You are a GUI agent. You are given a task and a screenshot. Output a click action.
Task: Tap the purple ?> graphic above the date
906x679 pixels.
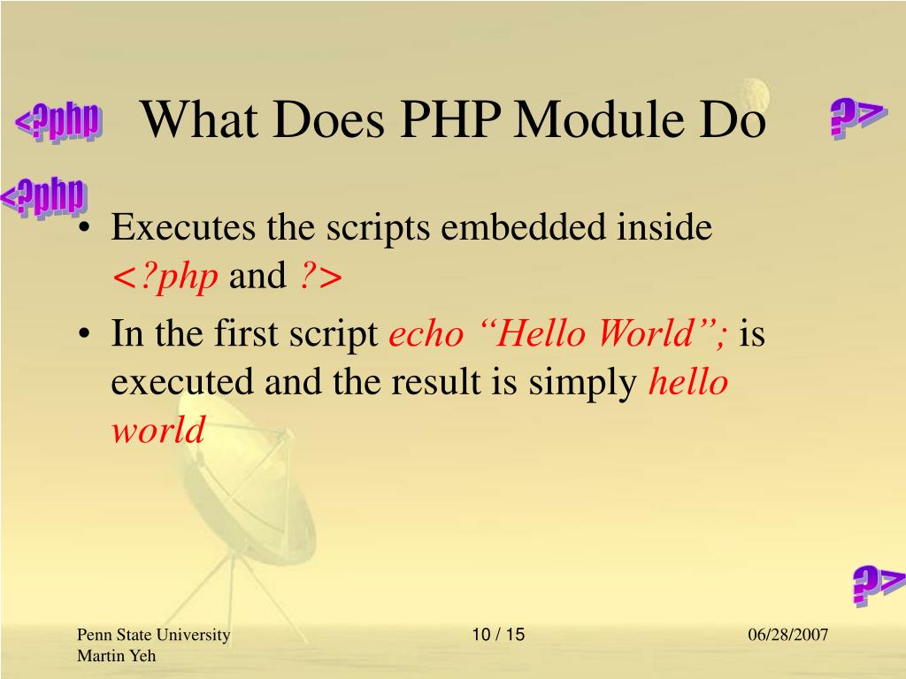(879, 584)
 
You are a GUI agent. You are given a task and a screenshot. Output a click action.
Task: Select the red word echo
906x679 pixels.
(426, 335)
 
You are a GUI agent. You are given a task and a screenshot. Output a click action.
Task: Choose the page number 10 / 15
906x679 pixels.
(498, 635)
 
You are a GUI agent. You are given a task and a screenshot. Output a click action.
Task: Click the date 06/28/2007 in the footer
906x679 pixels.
(787, 636)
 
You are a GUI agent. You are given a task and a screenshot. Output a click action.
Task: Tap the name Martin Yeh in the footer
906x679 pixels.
(116, 655)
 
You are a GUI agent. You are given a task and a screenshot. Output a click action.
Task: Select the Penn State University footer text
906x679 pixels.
(153, 636)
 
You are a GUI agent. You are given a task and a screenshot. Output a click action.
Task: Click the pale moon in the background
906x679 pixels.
(755, 91)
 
